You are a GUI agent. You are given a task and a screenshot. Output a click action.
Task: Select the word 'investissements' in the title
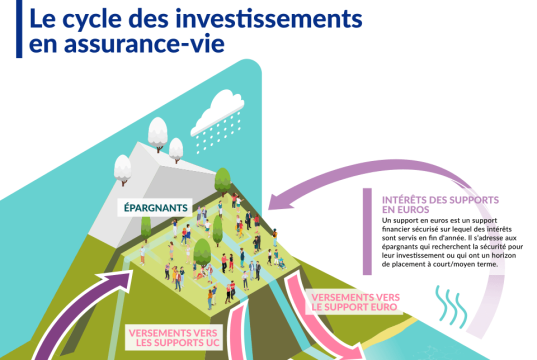click(x=232, y=18)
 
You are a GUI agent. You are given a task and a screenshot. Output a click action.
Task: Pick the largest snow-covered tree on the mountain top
click(x=157, y=131)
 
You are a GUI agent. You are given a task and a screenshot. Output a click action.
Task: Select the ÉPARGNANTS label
click(x=157, y=208)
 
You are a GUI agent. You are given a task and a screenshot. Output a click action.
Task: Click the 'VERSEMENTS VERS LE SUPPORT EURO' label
click(x=358, y=302)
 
